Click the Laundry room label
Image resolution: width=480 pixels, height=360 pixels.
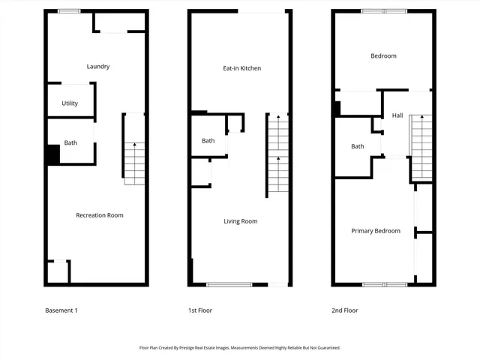(x=98, y=67)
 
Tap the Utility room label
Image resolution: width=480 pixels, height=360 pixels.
(x=70, y=103)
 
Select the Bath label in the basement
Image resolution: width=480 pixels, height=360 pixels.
(x=70, y=143)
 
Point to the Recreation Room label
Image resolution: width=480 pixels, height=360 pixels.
(x=99, y=215)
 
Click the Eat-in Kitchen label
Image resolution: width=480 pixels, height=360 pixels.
(x=241, y=68)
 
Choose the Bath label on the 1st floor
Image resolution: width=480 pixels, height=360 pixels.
(x=208, y=141)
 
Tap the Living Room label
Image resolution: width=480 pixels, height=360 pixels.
(x=241, y=221)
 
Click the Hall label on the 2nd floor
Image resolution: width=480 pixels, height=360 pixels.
(x=397, y=115)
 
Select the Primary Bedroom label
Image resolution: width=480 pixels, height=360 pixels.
(x=376, y=231)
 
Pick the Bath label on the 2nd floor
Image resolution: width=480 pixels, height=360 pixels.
(x=358, y=146)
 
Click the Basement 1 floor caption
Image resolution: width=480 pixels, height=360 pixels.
(x=61, y=310)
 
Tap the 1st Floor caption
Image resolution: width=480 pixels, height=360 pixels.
(x=199, y=310)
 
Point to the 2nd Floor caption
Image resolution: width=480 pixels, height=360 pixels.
(x=345, y=310)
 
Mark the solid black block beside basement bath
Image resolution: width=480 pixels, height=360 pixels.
(x=53, y=154)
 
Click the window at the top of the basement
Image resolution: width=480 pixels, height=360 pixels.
(x=69, y=11)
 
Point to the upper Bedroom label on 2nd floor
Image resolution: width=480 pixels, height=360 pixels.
(x=383, y=56)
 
